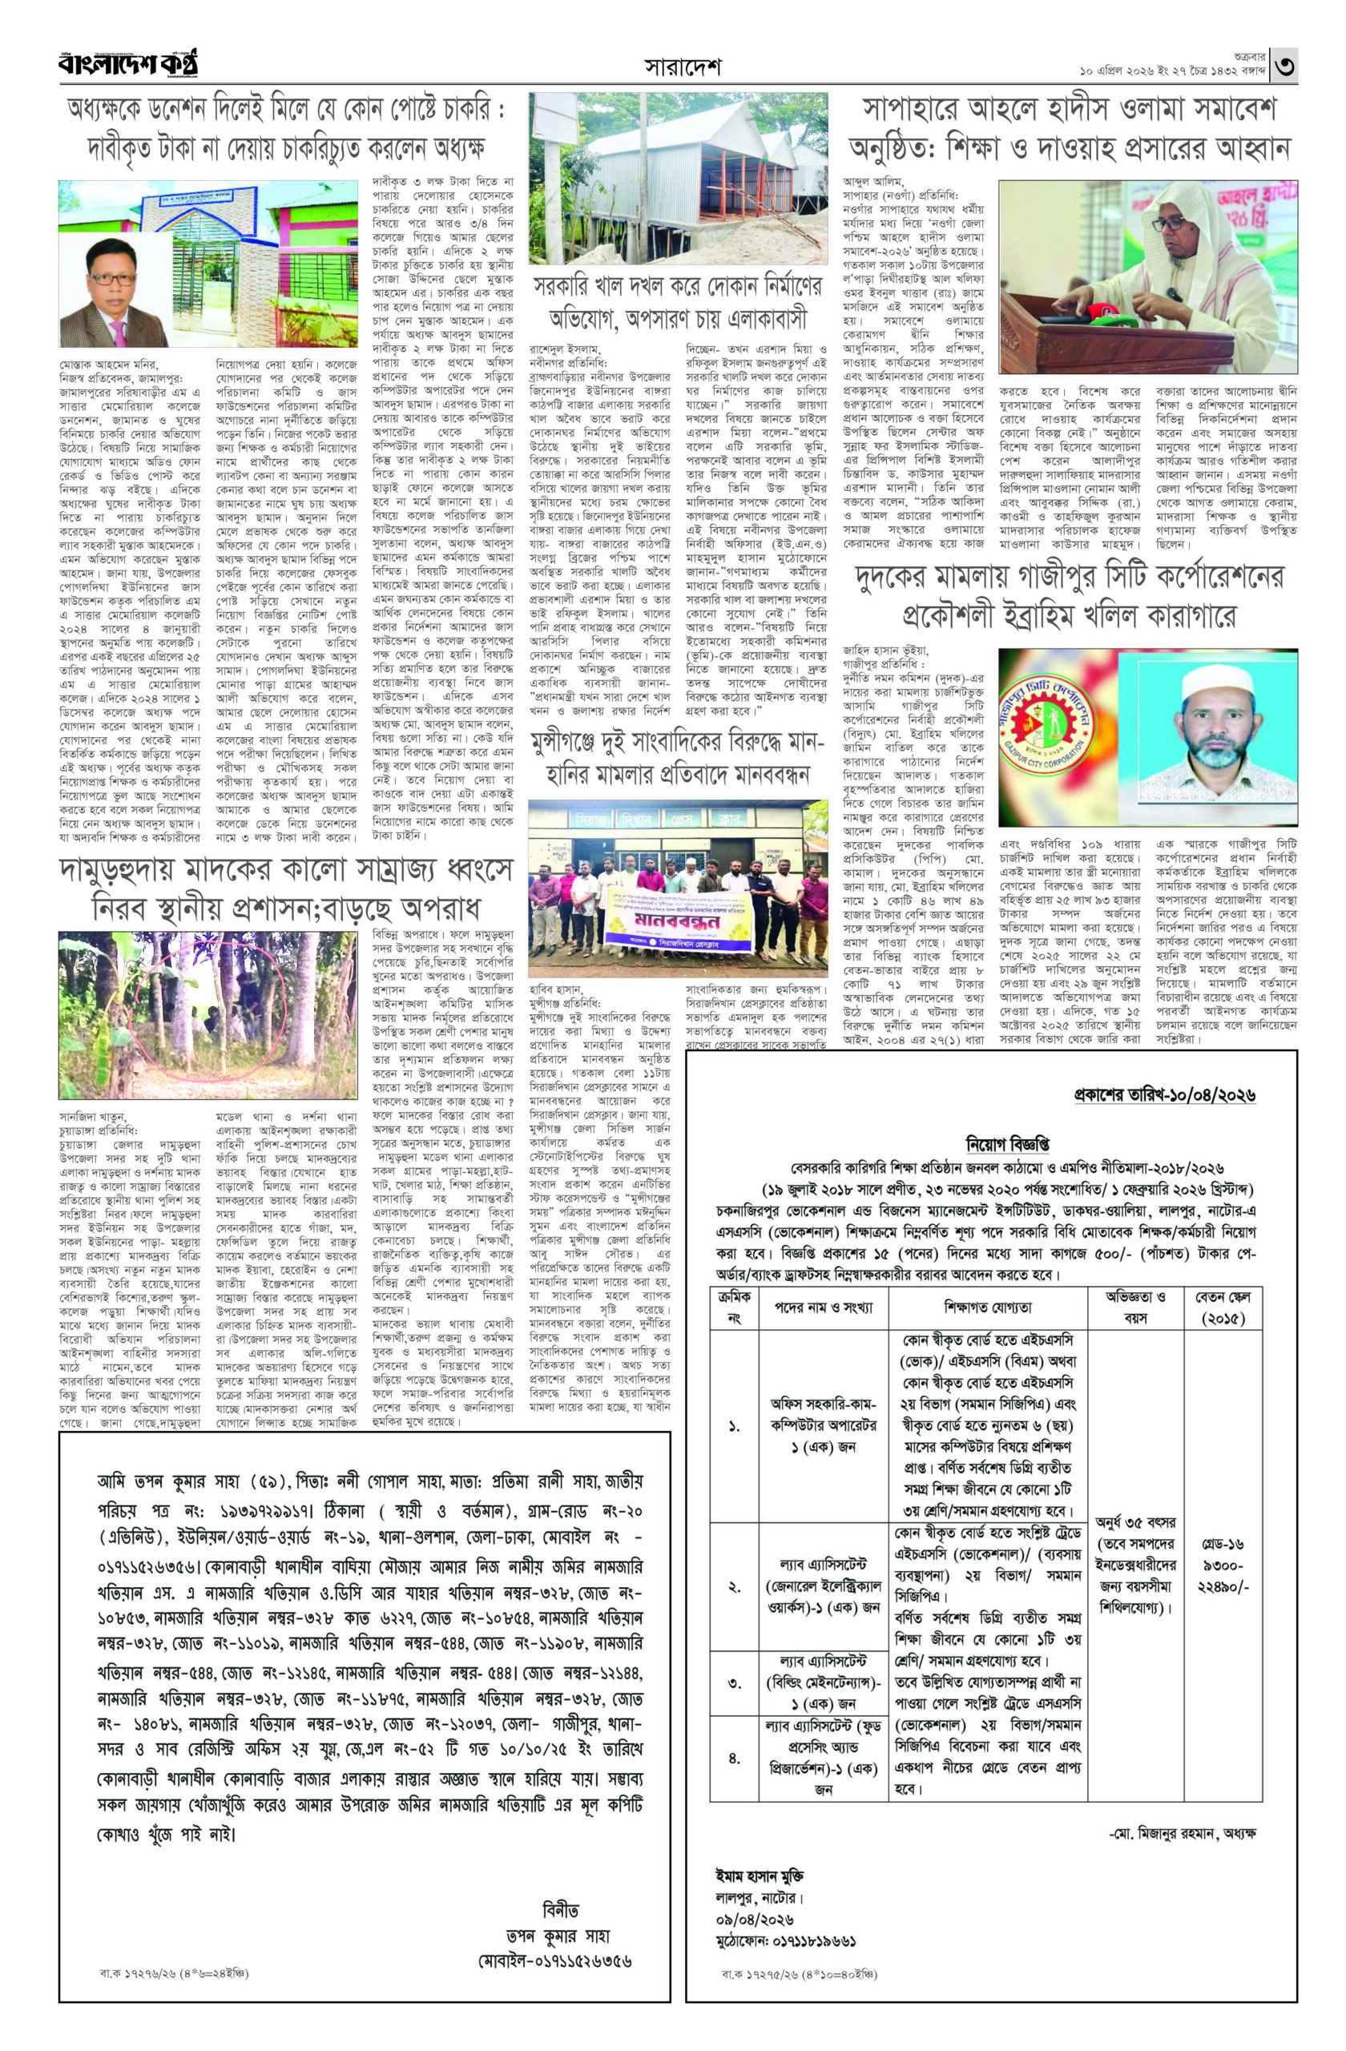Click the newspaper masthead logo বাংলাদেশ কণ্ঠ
coord(129,65)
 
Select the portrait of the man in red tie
coord(115,289)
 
